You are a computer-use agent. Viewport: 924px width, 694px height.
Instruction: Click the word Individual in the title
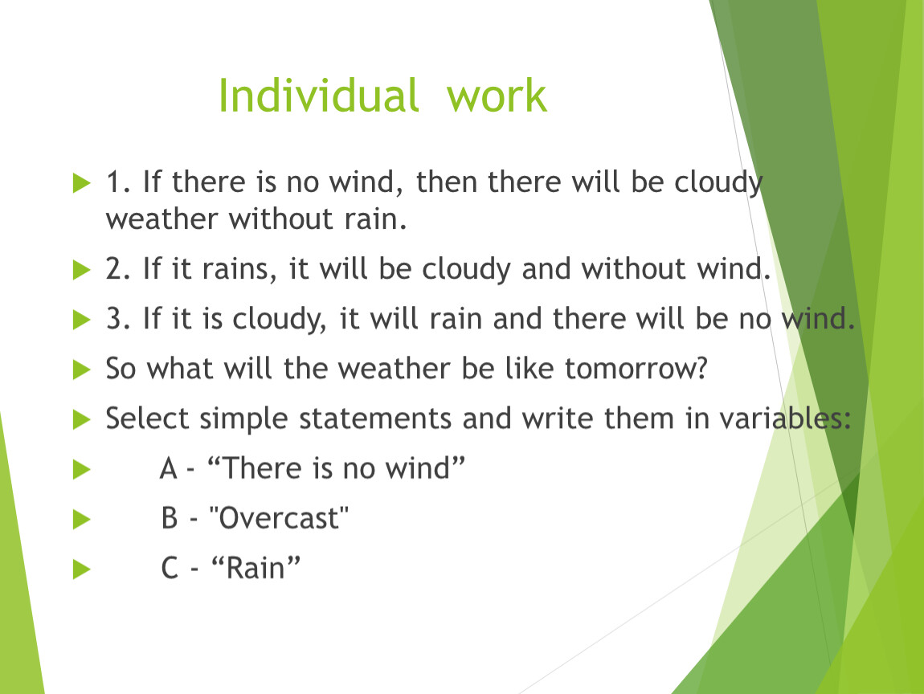click(x=318, y=95)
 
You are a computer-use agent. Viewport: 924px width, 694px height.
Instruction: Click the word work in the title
click(x=497, y=95)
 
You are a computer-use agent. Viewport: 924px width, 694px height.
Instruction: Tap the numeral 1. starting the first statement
click(x=118, y=182)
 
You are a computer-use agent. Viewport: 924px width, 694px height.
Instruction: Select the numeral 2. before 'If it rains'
click(x=118, y=268)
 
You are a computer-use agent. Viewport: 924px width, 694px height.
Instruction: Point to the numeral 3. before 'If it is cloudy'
click(x=118, y=319)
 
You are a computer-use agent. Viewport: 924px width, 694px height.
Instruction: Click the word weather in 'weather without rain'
click(x=162, y=219)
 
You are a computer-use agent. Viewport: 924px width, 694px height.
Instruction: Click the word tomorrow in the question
click(x=636, y=369)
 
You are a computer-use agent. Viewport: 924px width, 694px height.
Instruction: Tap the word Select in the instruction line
click(x=147, y=418)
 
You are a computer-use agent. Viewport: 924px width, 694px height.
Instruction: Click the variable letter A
click(x=169, y=469)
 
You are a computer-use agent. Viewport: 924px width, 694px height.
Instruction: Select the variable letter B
click(x=170, y=518)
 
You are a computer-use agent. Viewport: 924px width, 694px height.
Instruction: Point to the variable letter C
click(x=170, y=569)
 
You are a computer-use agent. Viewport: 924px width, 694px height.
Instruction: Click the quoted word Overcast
click(x=279, y=518)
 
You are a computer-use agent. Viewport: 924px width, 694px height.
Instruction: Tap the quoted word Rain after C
click(x=256, y=569)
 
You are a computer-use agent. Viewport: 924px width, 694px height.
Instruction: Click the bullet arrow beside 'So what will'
click(x=81, y=370)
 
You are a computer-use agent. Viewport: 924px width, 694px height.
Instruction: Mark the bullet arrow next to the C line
click(x=81, y=569)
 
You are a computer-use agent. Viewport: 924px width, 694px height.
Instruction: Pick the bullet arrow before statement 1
click(x=81, y=182)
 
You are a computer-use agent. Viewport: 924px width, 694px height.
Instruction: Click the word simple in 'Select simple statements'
click(x=244, y=419)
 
